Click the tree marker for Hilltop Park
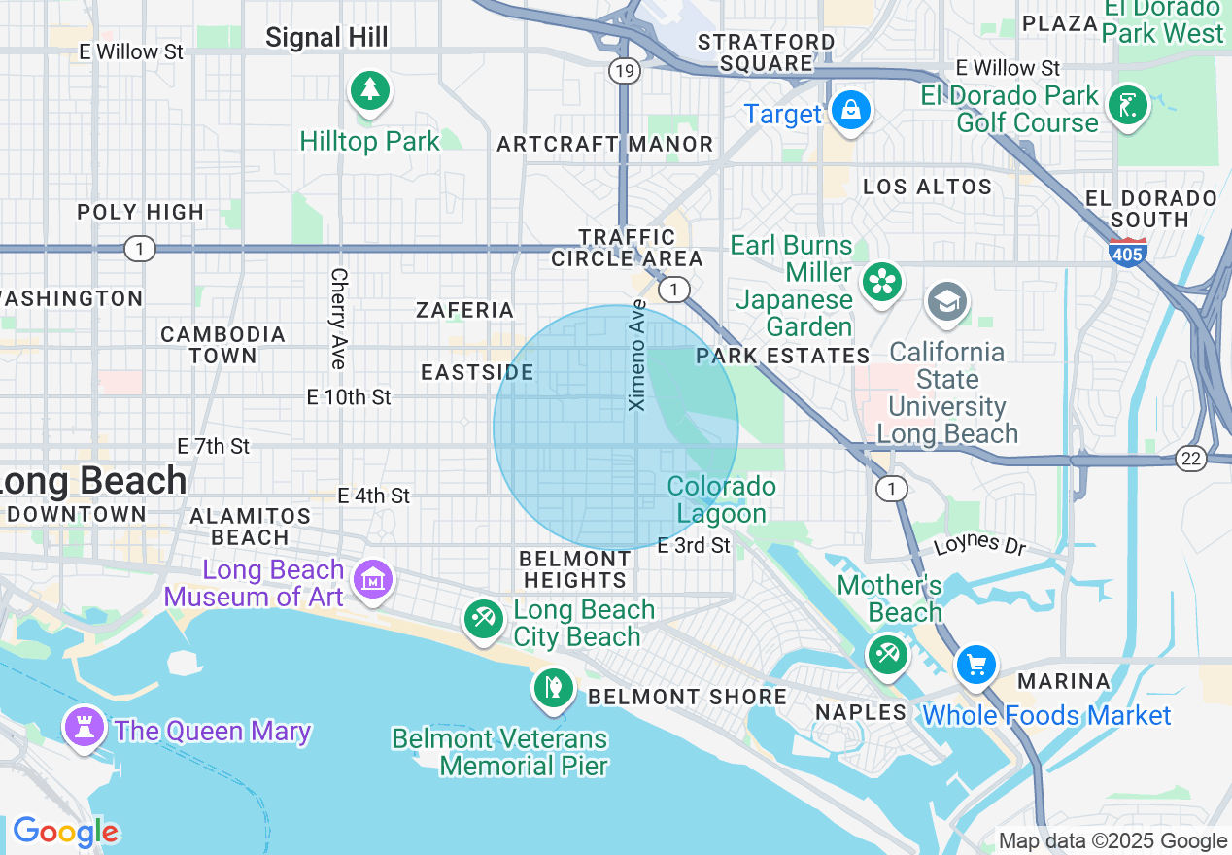(x=369, y=91)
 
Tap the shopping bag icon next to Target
(x=850, y=110)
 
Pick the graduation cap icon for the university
(x=946, y=301)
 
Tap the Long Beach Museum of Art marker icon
(x=372, y=579)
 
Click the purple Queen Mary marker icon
(x=85, y=727)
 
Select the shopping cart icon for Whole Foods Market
(x=976, y=666)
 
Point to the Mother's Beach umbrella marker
(x=887, y=654)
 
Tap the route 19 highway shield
(x=625, y=70)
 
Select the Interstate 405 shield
(x=1127, y=252)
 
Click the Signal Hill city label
(x=326, y=38)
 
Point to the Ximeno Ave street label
(x=637, y=355)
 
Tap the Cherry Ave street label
(x=338, y=319)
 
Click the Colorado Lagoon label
(x=722, y=499)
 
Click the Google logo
(x=65, y=832)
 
